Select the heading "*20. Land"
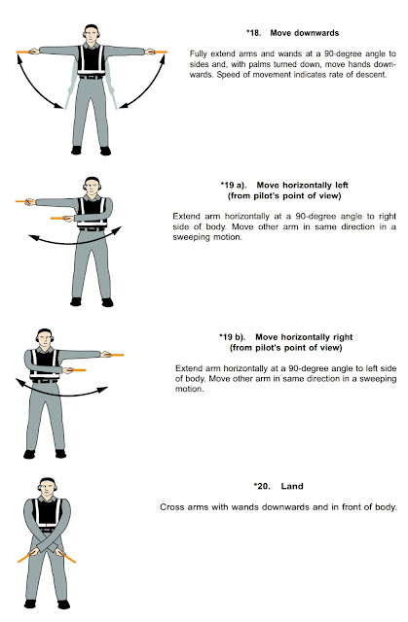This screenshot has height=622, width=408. tap(279, 485)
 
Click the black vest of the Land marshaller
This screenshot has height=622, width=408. tap(46, 517)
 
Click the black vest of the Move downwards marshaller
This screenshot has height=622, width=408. tap(91, 63)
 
